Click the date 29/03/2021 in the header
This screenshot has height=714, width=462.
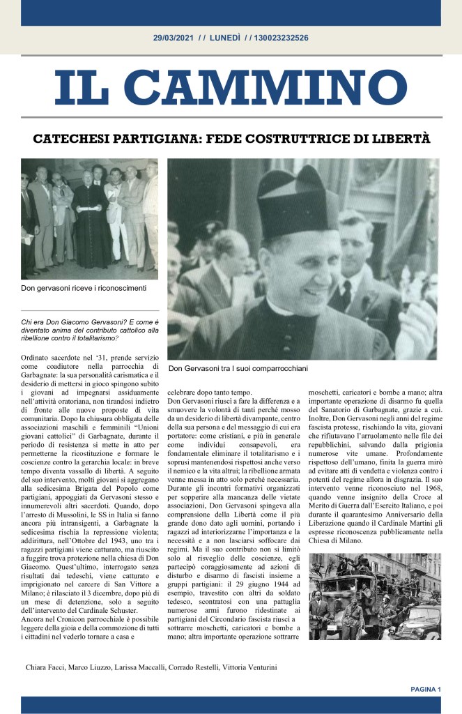click(174, 38)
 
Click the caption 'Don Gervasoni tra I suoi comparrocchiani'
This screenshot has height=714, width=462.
click(238, 367)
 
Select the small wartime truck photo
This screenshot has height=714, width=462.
click(374, 597)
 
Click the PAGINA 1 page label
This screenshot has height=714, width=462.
click(426, 690)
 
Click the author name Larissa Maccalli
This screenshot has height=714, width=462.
click(139, 667)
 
